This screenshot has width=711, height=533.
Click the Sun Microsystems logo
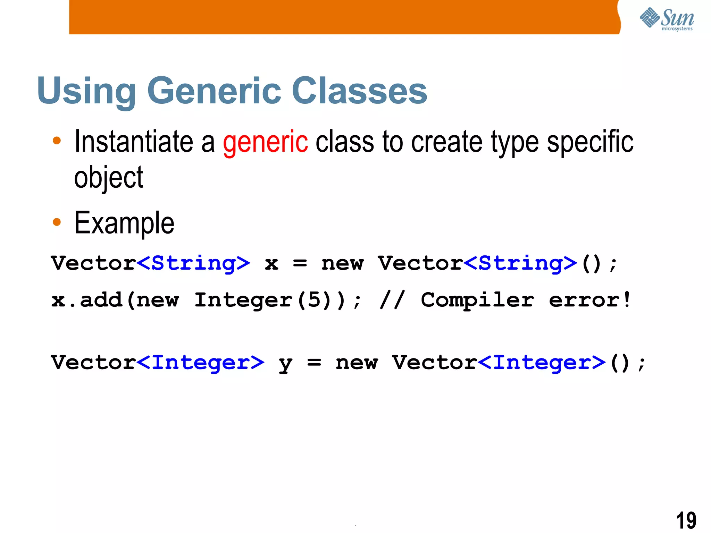click(x=667, y=19)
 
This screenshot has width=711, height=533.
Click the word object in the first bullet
click(x=109, y=178)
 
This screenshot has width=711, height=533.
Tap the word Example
click(x=124, y=223)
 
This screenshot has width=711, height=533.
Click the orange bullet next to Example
click(x=57, y=222)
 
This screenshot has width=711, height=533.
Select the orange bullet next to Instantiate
click(x=57, y=141)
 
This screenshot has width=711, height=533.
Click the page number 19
click(x=686, y=520)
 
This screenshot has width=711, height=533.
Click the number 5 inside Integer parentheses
click(x=314, y=300)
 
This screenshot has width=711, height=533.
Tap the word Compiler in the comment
click(x=477, y=301)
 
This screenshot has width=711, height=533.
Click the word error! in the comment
click(x=590, y=300)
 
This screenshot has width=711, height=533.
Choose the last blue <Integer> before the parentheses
click(x=542, y=363)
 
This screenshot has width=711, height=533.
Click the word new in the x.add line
click(x=158, y=301)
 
